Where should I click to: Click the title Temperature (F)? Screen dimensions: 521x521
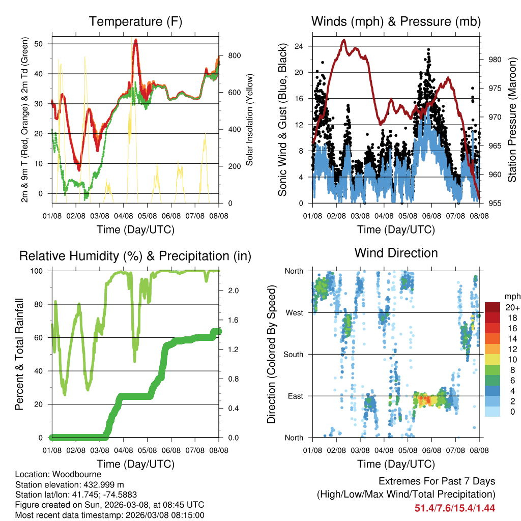tap(135, 21)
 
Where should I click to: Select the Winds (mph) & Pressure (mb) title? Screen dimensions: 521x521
tap(396, 21)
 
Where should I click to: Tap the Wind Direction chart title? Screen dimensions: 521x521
tap(396, 252)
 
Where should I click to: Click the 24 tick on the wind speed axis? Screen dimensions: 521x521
tap(298, 46)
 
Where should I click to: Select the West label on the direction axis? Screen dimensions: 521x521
tap(295, 312)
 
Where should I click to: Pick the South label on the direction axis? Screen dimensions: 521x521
tap(293, 354)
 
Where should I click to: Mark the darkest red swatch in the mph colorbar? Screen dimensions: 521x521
tap(493, 307)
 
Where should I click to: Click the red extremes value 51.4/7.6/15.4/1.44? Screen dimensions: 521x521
tap(455, 508)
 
